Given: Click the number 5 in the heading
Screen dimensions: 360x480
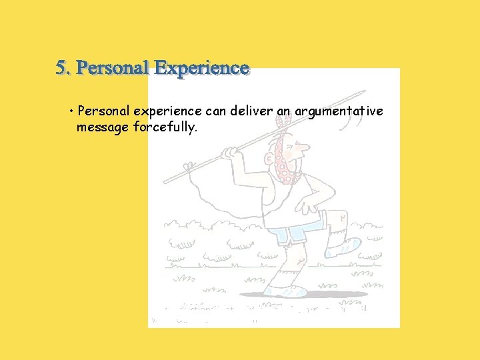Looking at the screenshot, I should point(61,68).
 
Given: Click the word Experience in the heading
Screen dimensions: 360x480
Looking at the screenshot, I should point(201,68).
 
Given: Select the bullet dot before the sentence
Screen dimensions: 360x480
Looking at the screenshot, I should point(71,111).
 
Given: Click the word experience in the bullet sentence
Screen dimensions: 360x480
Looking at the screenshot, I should point(169,112).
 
